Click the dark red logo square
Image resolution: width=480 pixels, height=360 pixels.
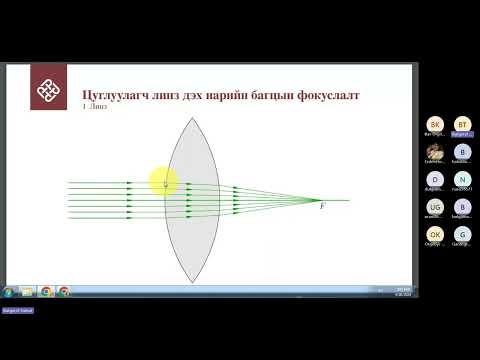point(49,87)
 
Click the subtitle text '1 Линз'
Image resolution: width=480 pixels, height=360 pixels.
point(94,107)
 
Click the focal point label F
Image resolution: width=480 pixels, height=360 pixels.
point(322,206)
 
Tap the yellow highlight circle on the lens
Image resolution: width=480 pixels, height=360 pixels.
point(164,181)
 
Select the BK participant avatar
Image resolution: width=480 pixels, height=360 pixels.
point(434,123)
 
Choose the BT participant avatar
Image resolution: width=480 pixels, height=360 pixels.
point(462,123)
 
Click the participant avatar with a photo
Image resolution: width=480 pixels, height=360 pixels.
point(434,151)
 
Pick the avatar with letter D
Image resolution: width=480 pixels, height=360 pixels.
point(434,179)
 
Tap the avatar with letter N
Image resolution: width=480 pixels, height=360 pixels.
point(462,179)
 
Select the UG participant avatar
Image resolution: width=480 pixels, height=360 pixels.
point(434,206)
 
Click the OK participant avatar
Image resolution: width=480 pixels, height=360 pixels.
point(434,234)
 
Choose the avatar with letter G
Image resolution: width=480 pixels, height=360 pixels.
point(462,234)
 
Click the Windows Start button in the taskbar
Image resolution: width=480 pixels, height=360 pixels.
point(8,292)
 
